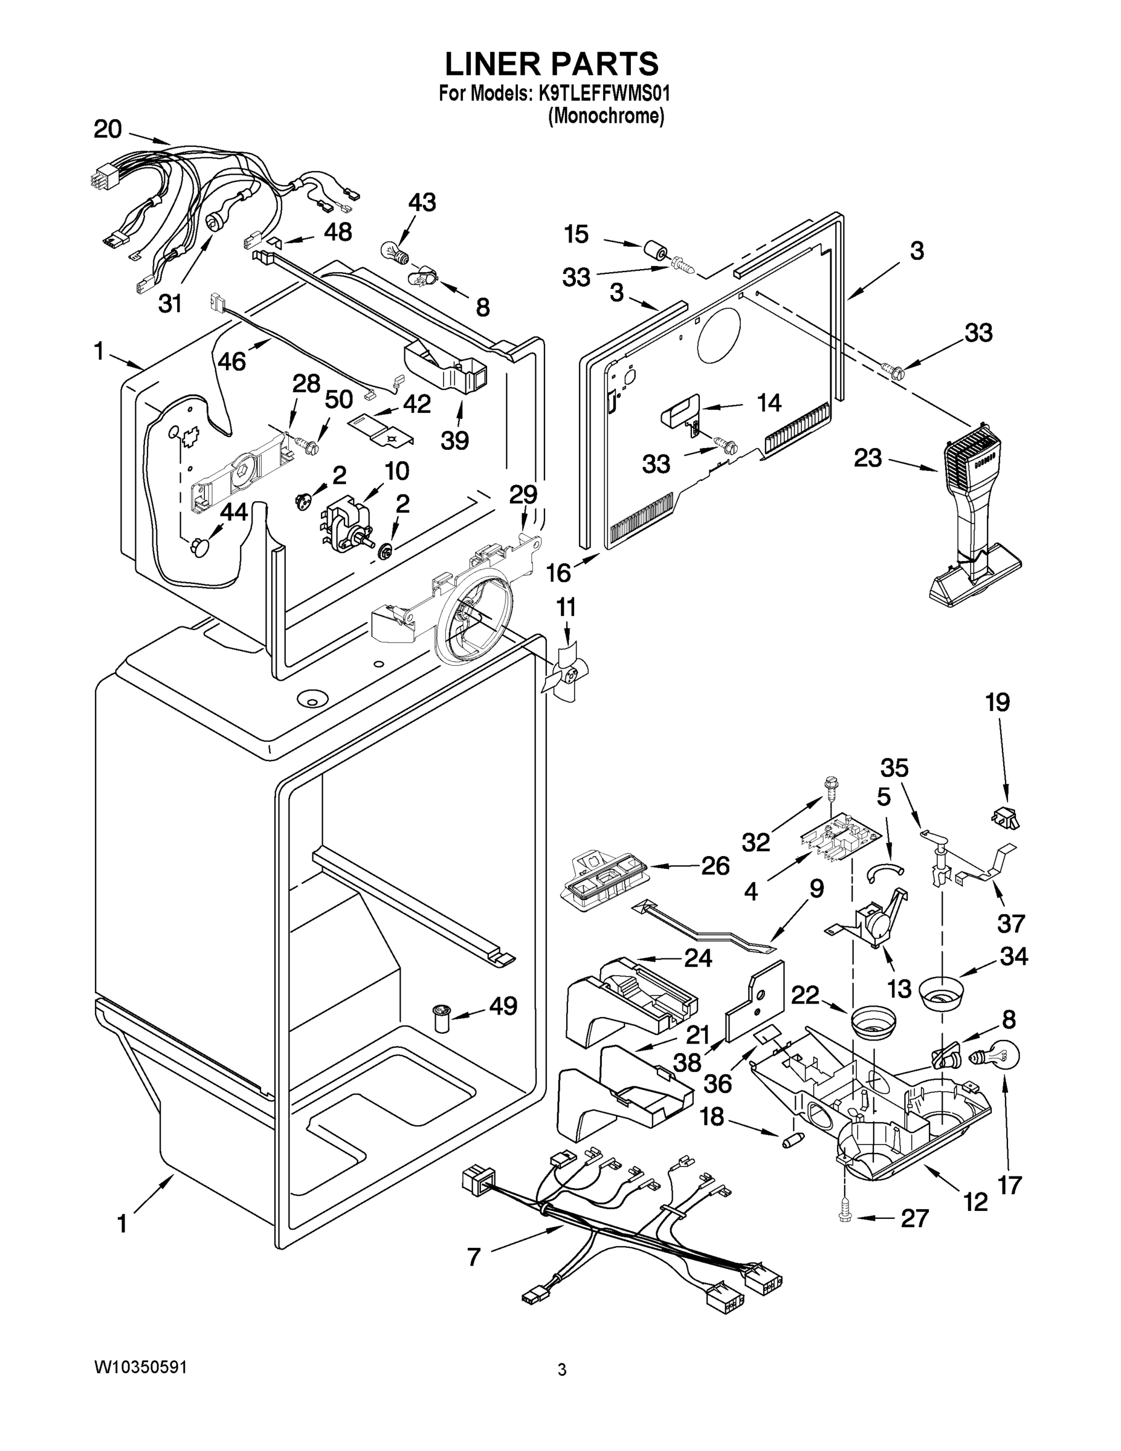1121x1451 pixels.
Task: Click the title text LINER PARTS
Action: coord(551,65)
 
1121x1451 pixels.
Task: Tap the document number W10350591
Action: coord(140,1368)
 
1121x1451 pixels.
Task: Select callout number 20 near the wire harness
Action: coord(108,129)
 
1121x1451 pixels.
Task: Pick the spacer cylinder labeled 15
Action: coord(656,252)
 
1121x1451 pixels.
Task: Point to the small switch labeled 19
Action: coord(1006,817)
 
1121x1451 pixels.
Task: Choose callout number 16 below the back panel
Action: coord(558,571)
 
